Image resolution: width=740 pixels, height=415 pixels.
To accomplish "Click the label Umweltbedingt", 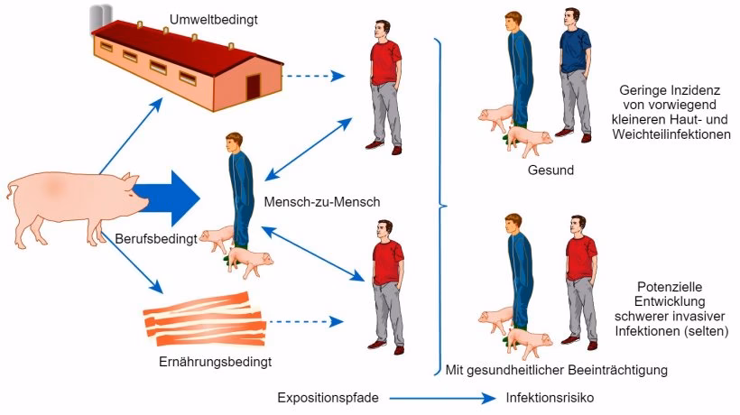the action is (214, 20).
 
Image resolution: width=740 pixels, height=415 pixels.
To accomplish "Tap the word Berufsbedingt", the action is (156, 239).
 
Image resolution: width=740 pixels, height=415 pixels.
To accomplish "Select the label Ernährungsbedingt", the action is (215, 362).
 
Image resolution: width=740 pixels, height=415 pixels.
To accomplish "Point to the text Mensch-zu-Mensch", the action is (322, 202).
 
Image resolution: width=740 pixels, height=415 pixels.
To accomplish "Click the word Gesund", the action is (550, 171).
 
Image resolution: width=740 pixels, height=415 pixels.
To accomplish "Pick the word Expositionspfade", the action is (328, 398).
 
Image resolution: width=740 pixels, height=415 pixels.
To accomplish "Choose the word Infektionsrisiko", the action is (550, 398).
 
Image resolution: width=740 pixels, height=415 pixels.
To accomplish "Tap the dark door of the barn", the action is (254, 87).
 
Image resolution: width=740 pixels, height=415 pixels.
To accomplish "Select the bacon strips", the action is (205, 319).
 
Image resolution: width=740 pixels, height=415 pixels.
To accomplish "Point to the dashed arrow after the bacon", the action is (306, 322).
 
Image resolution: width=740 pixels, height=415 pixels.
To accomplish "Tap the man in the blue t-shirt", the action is (575, 75).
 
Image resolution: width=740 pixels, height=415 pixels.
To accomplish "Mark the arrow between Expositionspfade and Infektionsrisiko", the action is (443, 399).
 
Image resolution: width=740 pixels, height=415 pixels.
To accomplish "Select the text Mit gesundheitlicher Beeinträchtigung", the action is (557, 370).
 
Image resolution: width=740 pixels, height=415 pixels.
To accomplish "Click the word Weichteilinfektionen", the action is (671, 135).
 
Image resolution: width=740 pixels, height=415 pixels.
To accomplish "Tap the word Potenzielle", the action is (670, 287).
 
